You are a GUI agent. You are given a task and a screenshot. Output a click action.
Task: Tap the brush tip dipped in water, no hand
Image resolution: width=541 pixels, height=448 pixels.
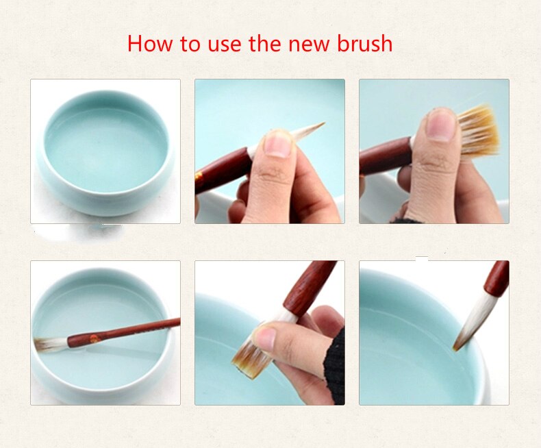tap(466, 329)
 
